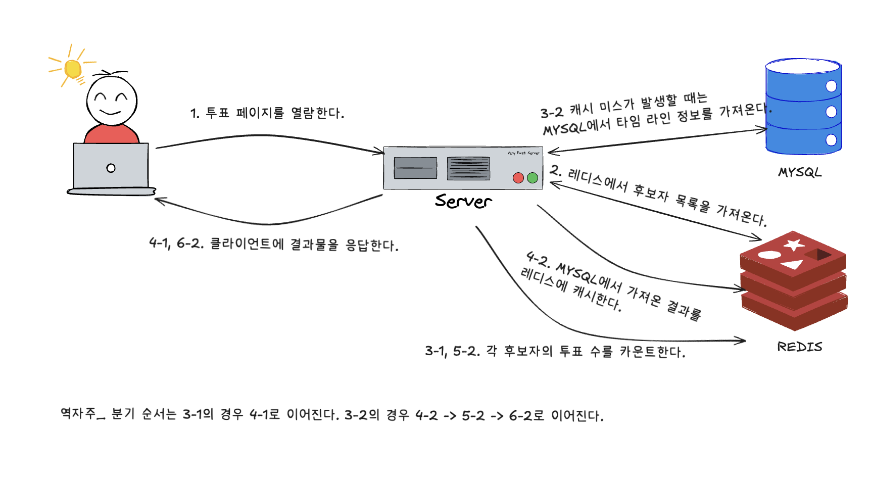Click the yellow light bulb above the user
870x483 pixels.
click(73, 69)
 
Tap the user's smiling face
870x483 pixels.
click(112, 101)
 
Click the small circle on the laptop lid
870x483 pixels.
click(111, 168)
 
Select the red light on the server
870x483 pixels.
click(518, 178)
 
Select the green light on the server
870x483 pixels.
click(533, 178)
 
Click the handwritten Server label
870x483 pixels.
click(463, 201)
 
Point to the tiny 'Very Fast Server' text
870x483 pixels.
click(523, 153)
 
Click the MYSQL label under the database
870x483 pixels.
click(800, 172)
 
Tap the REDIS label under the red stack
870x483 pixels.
click(799, 347)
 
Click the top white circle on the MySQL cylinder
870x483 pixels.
click(831, 86)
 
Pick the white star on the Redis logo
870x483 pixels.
click(794, 245)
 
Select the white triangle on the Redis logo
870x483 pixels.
click(792, 264)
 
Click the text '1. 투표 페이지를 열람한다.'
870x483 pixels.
click(267, 113)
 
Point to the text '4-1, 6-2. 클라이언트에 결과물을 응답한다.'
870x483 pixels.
click(274, 245)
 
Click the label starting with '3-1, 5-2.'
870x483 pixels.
click(555, 351)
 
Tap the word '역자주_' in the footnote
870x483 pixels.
click(82, 414)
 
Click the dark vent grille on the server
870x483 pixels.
click(468, 168)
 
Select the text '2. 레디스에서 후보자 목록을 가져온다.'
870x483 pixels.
click(659, 196)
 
